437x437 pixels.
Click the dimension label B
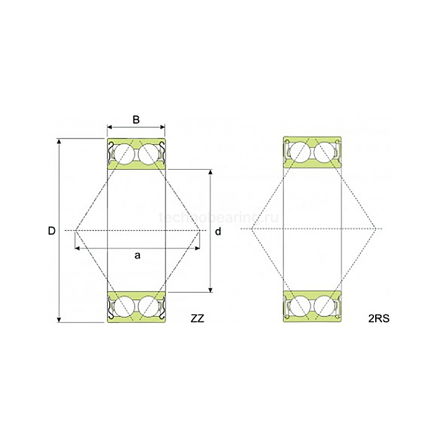coord(136,120)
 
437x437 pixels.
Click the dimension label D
coord(52,231)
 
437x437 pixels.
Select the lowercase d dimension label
coord(218,232)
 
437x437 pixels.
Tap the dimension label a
coord(137,255)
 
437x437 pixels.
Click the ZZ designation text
coord(197,319)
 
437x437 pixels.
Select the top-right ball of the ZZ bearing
coord(150,154)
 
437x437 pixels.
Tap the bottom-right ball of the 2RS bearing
coord(325,305)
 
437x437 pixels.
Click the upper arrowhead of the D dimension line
coord(60,141)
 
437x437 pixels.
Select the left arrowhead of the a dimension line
coord(77,248)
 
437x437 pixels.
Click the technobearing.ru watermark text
coord(219,217)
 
